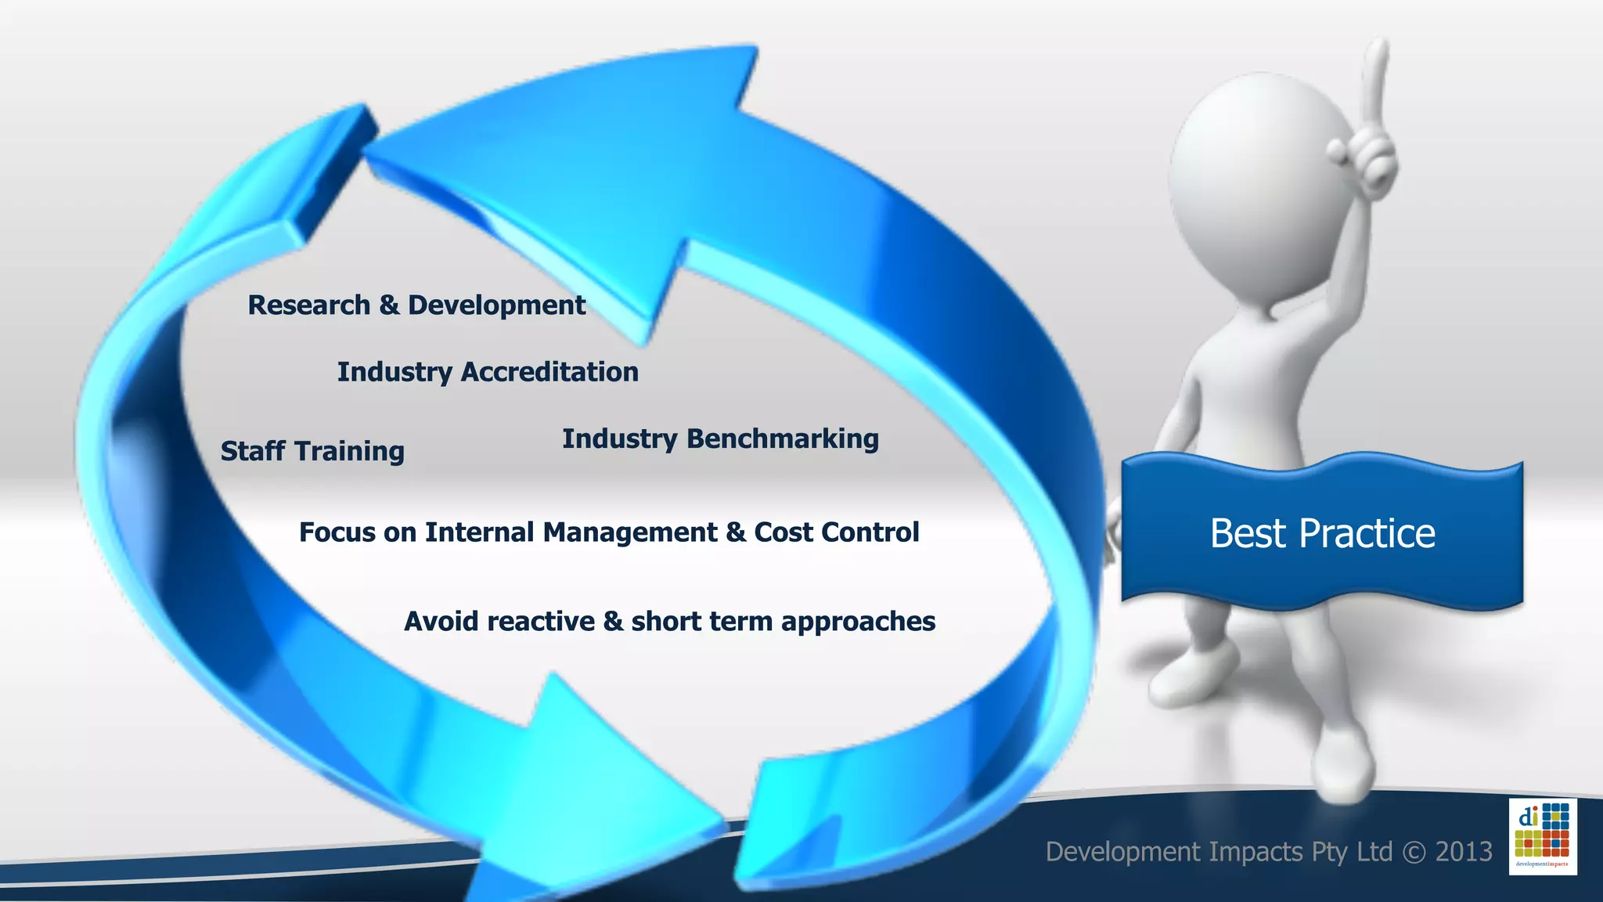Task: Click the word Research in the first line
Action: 308,305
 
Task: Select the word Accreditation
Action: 549,372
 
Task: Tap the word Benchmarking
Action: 783,439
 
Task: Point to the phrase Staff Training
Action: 312,452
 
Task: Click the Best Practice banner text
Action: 1322,534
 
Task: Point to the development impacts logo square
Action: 1542,836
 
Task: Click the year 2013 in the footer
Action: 1463,852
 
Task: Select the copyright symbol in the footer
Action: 1414,852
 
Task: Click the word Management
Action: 629,532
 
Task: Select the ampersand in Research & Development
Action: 389,305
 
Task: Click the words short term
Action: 704,622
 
